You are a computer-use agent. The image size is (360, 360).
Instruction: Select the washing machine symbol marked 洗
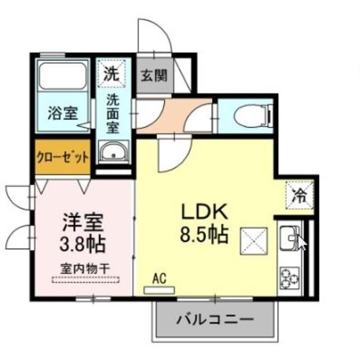click(x=113, y=74)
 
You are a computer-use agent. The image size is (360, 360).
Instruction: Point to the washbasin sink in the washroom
click(x=114, y=151)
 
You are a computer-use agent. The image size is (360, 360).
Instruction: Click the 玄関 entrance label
click(x=154, y=76)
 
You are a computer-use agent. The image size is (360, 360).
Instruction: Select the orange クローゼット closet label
click(x=62, y=156)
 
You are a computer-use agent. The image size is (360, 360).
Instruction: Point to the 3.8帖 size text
click(x=83, y=245)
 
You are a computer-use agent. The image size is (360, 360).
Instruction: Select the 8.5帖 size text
click(x=204, y=233)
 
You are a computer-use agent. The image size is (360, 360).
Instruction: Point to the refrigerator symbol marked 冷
click(x=299, y=196)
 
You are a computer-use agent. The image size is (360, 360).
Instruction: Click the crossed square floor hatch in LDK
click(x=252, y=241)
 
